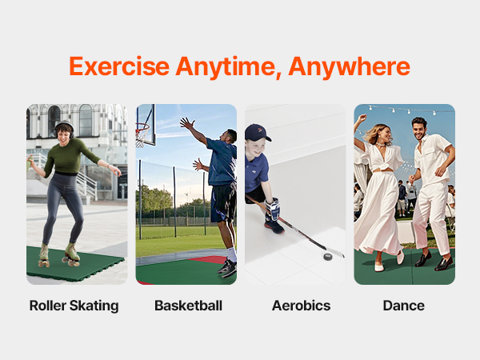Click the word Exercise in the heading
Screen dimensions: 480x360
pos(119,66)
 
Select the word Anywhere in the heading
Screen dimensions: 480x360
pos(349,67)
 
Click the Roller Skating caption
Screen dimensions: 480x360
pos(74,306)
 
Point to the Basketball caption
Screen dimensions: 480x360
pos(188,306)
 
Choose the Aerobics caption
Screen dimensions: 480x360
pos(302,306)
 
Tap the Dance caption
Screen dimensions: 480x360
pos(404,306)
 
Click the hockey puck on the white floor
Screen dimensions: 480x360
pos(327,257)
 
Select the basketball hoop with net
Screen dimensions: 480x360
pos(142,134)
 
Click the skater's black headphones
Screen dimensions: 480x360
pos(64,129)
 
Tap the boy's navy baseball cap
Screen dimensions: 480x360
pos(257,132)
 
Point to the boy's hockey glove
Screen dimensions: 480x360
pos(272,209)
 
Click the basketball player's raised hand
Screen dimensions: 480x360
pos(187,123)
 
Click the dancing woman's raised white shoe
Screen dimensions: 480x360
pos(400,258)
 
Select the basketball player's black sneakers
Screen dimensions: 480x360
pos(228,267)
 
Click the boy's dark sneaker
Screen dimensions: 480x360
pos(274,226)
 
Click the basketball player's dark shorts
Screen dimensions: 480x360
pos(223,202)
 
